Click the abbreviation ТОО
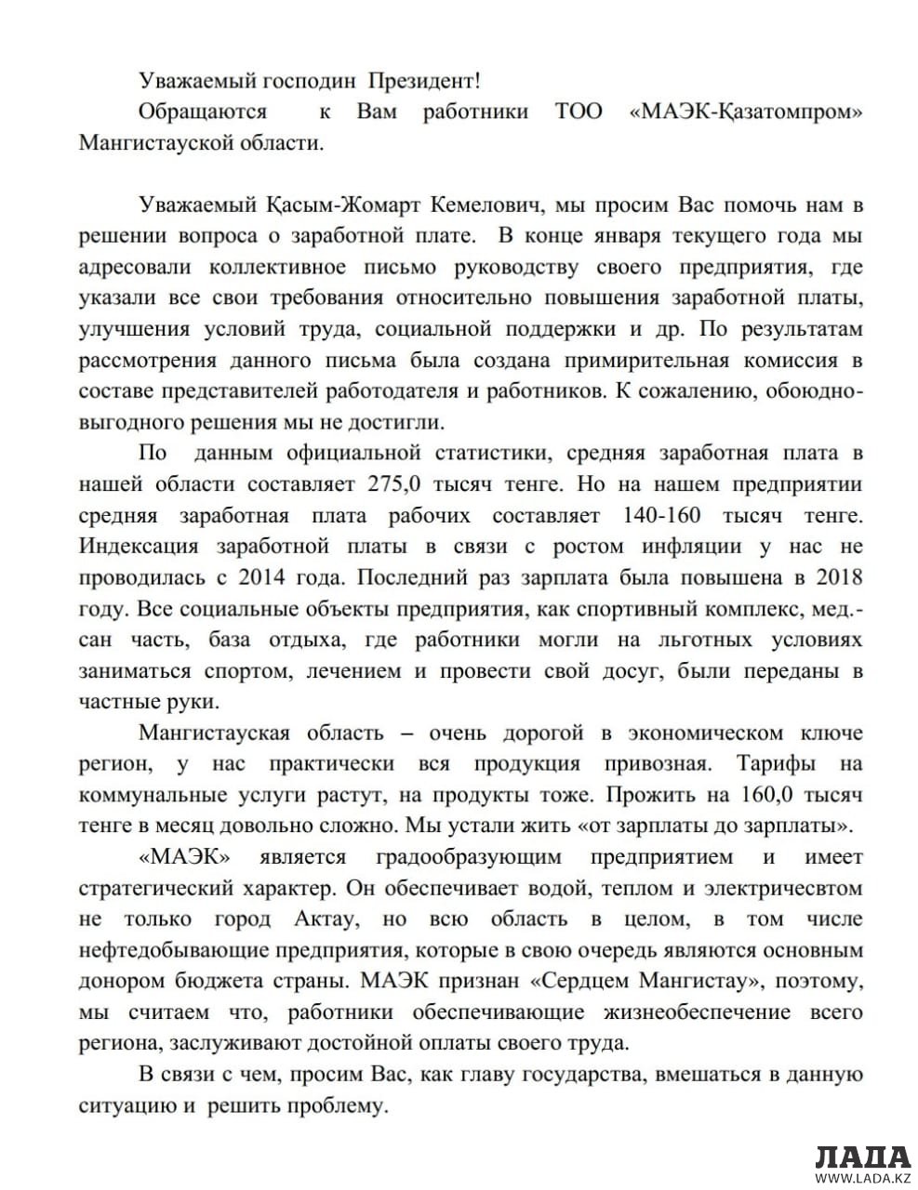(x=579, y=112)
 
